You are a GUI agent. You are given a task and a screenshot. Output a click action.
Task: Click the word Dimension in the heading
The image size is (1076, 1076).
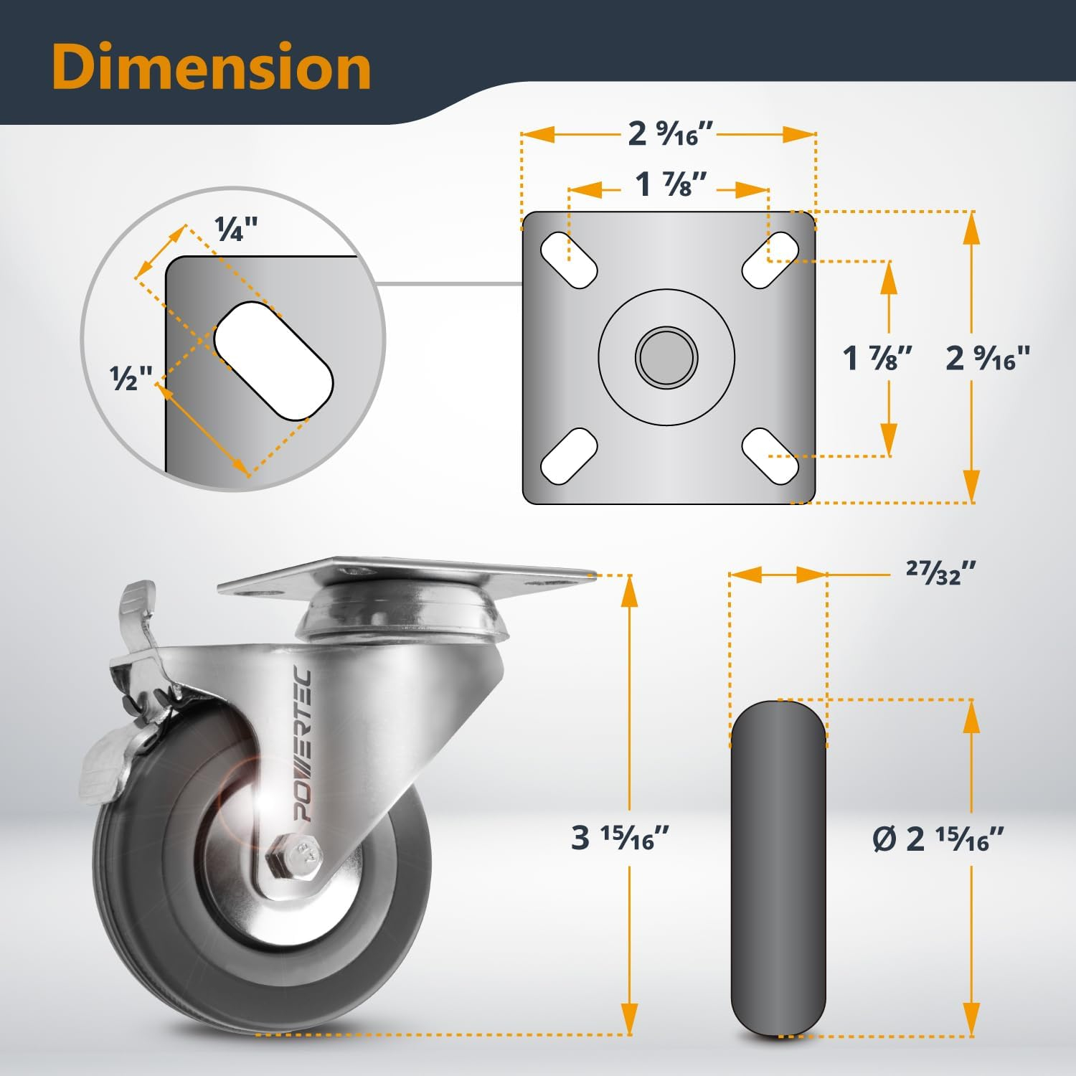pyautogui.click(x=211, y=67)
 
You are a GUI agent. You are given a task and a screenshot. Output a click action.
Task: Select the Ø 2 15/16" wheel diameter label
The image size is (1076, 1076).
pyautogui.click(x=938, y=838)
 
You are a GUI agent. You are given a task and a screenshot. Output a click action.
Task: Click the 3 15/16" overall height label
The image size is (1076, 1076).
pyautogui.click(x=620, y=837)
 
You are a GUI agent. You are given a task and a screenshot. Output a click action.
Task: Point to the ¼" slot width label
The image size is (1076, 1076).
pyautogui.click(x=236, y=230)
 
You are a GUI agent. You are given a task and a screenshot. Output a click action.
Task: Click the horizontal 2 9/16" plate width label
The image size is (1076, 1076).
pyautogui.click(x=670, y=133)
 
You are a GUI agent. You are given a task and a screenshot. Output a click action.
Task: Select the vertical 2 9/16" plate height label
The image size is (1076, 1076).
pyautogui.click(x=988, y=357)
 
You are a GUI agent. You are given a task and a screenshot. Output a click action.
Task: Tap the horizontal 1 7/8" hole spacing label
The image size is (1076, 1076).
pyautogui.click(x=671, y=185)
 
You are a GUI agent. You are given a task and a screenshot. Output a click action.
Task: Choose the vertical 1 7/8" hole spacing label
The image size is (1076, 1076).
pyautogui.click(x=877, y=357)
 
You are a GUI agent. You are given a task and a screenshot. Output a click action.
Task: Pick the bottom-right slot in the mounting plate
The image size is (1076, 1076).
pyautogui.click(x=770, y=455)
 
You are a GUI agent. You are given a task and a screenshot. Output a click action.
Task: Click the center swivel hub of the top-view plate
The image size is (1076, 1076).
pyautogui.click(x=666, y=356)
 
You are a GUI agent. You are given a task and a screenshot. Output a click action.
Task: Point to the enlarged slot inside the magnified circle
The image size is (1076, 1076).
pyautogui.click(x=273, y=360)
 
